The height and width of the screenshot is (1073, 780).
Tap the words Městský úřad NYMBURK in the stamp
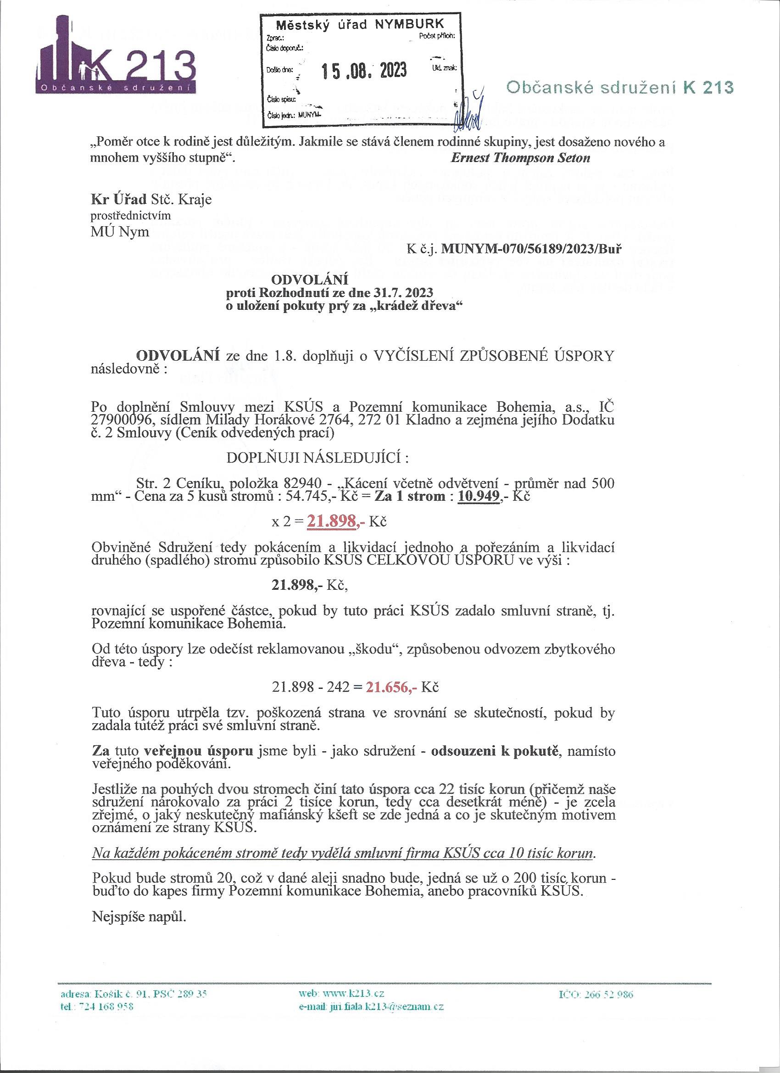pos(360,24)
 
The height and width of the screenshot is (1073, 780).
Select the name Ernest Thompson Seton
pos(520,158)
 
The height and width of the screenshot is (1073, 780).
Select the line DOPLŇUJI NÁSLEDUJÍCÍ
pos(318,458)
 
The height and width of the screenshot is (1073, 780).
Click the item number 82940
pos(303,484)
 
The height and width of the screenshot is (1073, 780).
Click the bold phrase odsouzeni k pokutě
pos(495,751)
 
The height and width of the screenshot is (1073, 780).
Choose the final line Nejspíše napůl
pos(139,917)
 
